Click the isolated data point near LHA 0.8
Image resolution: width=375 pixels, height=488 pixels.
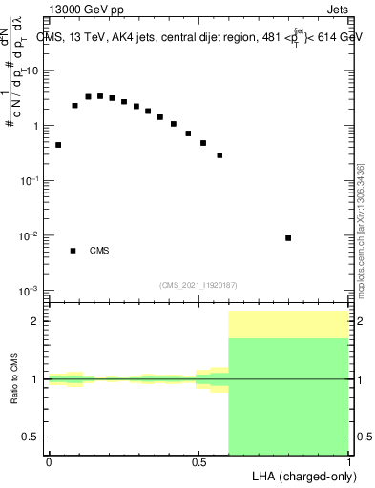pyautogui.click(x=288, y=238)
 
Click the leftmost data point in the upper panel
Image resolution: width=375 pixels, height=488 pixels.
pyautogui.click(x=58, y=145)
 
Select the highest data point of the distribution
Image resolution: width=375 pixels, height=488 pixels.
pyautogui.click(x=100, y=96)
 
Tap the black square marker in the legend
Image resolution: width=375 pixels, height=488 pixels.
pyautogui.click(x=73, y=251)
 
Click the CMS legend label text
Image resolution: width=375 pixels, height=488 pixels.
pyautogui.click(x=98, y=251)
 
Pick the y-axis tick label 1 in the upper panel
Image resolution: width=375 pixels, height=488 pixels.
pyautogui.click(x=37, y=126)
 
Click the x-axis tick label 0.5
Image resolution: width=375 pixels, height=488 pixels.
pyautogui.click(x=198, y=462)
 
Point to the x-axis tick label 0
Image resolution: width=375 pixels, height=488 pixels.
pyautogui.click(x=49, y=462)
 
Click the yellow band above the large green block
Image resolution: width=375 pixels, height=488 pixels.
pyautogui.click(x=288, y=324)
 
